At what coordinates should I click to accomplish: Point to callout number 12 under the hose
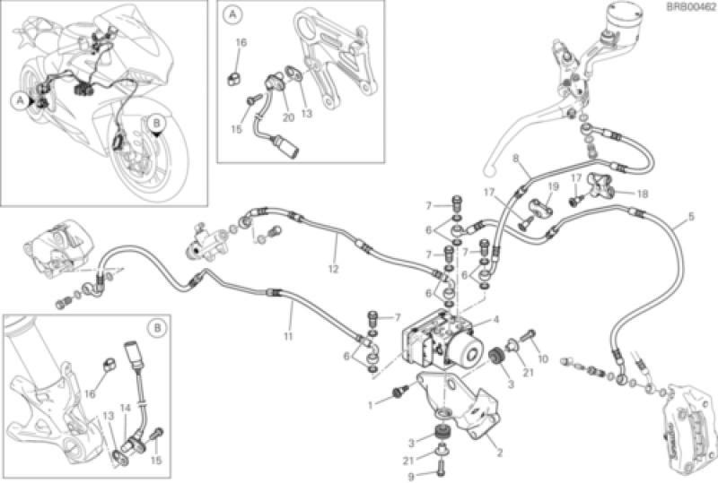coord(333,267)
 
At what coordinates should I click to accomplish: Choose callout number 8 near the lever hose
coord(515,159)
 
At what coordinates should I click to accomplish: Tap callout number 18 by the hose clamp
coord(643,194)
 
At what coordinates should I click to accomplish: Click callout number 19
coord(553,187)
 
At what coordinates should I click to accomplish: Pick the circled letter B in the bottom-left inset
coord(156,328)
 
